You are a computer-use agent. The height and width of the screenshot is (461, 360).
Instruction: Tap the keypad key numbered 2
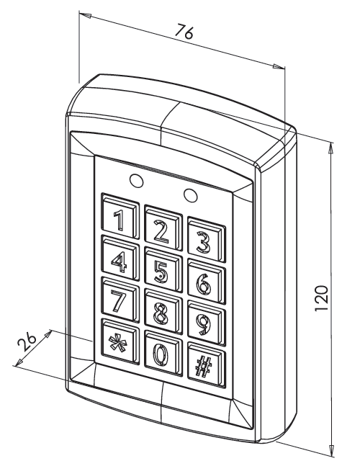pos(162,228)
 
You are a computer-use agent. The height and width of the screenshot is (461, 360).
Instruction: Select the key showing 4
pos(120,258)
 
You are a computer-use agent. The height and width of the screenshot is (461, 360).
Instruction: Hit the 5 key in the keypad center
pos(162,270)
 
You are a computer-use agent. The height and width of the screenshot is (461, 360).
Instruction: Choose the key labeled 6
pos(207,282)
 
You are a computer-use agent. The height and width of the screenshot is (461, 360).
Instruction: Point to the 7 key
pos(120,300)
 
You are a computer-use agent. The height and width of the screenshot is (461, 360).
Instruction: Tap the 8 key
pos(162,312)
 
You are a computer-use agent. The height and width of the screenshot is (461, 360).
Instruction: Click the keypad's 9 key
pos(207,323)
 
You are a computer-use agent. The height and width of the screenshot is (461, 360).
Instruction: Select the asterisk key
pos(120,341)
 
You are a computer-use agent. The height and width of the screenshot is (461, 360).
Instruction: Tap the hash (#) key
pos(207,365)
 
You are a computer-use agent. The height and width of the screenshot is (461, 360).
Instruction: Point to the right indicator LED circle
pos(190,194)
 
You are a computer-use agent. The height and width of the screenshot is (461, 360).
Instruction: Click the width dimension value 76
pos(185,32)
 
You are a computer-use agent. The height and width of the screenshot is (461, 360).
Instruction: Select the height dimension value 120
pos(321,298)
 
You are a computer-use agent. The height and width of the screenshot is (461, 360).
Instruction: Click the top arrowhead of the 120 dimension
pos(331,148)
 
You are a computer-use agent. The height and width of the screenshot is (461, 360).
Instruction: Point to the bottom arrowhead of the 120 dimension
pos(331,451)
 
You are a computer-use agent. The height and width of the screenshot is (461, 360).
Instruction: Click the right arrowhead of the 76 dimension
pos(279,67)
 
